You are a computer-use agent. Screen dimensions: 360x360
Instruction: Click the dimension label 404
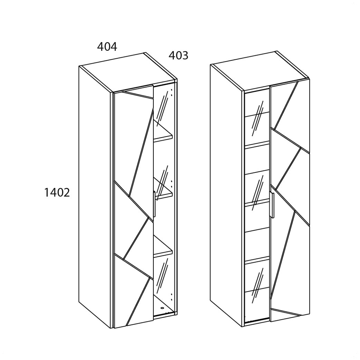click(107, 46)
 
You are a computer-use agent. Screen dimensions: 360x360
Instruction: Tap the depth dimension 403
click(179, 55)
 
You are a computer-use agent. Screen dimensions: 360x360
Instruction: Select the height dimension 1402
click(57, 192)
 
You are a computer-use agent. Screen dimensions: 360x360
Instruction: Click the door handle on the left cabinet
click(154, 204)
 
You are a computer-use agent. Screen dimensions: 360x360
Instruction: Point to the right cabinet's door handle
click(272, 205)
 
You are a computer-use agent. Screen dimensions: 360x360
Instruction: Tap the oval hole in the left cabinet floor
click(162, 308)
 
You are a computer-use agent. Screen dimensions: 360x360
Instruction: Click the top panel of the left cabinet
click(127, 72)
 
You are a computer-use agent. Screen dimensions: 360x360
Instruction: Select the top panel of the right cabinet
click(260, 71)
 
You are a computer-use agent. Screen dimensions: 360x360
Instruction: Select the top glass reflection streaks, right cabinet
click(258, 118)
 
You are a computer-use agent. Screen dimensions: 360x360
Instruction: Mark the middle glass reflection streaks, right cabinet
click(258, 192)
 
